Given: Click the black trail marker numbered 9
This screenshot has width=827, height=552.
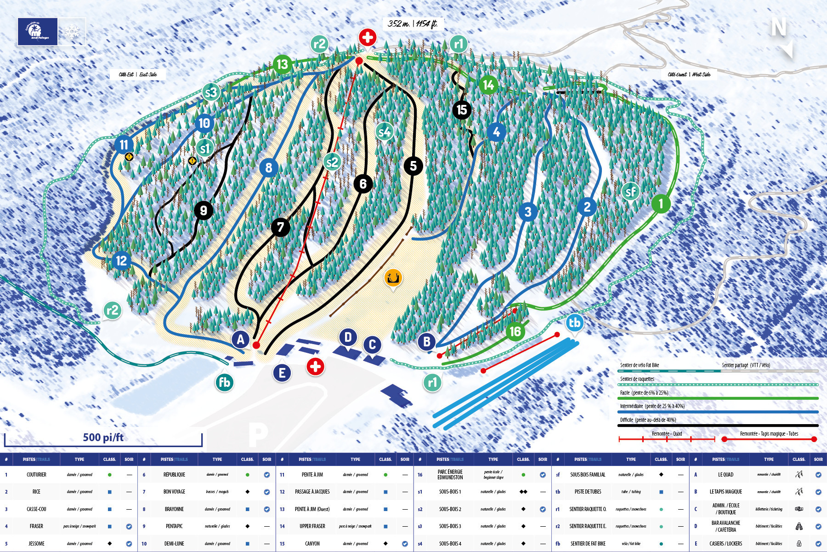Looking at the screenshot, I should click(203, 211).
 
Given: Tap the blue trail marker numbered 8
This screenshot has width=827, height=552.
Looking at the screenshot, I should click(269, 168).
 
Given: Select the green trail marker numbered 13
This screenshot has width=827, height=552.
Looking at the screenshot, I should click(282, 64).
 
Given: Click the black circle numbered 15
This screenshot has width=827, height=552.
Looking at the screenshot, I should click(462, 110).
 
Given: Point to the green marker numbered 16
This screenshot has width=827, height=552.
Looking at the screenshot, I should click(515, 331).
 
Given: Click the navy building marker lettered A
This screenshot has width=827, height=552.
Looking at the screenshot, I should click(240, 339).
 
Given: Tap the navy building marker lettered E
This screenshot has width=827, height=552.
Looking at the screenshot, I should click(282, 373).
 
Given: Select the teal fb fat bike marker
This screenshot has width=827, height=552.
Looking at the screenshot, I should click(224, 382).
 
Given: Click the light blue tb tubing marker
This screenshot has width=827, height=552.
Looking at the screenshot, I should click(574, 322).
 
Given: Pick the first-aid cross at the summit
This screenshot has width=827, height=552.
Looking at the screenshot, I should click(367, 37).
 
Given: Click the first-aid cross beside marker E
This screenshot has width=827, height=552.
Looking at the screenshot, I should click(315, 367).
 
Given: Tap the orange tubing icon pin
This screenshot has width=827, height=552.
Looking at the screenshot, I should click(393, 278).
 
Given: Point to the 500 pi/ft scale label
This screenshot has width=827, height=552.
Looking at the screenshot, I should click(103, 437).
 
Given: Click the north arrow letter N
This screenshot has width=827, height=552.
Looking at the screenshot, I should click(778, 28).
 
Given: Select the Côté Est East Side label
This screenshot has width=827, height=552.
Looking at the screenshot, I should click(137, 75).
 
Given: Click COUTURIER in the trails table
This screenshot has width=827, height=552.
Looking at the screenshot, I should click(36, 474).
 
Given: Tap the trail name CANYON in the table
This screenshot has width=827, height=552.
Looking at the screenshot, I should click(312, 543).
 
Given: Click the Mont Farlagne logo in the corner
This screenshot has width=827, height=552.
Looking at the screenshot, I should click(38, 32).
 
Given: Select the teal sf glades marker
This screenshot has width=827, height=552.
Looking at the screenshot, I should click(630, 191).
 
